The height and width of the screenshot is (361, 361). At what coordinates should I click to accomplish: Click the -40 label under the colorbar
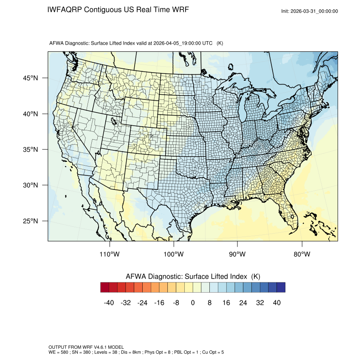[109, 302]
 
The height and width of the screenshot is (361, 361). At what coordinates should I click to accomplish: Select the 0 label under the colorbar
[193, 302]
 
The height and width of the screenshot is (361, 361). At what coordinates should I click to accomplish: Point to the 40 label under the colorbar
[276, 302]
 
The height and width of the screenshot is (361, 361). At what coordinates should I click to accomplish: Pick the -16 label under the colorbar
[159, 302]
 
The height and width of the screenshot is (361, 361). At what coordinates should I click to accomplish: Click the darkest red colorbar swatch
[105, 288]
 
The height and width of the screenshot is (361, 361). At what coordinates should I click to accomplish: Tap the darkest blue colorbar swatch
[281, 288]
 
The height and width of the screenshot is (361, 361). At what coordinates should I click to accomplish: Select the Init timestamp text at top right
[310, 11]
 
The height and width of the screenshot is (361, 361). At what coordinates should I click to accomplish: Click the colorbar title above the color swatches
[193, 276]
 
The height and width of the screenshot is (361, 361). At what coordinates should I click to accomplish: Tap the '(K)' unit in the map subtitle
[220, 43]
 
